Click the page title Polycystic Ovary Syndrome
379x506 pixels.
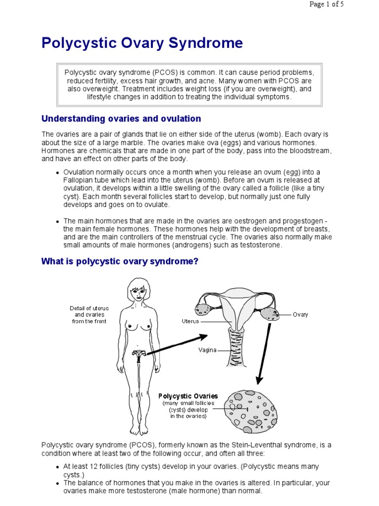142,43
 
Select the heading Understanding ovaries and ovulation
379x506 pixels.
121,119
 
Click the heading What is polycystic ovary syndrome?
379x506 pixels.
120,261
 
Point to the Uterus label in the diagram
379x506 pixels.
190,321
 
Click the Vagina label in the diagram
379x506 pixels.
207,350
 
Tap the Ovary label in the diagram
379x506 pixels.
300,315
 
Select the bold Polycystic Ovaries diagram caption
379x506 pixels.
188,396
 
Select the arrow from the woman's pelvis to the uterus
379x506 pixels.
177,344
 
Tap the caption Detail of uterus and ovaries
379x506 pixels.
89,315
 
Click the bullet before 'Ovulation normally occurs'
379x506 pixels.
58,173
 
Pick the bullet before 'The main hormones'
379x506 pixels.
58,221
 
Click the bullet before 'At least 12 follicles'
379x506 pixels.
58,466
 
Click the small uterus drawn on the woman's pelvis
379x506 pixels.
139,354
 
